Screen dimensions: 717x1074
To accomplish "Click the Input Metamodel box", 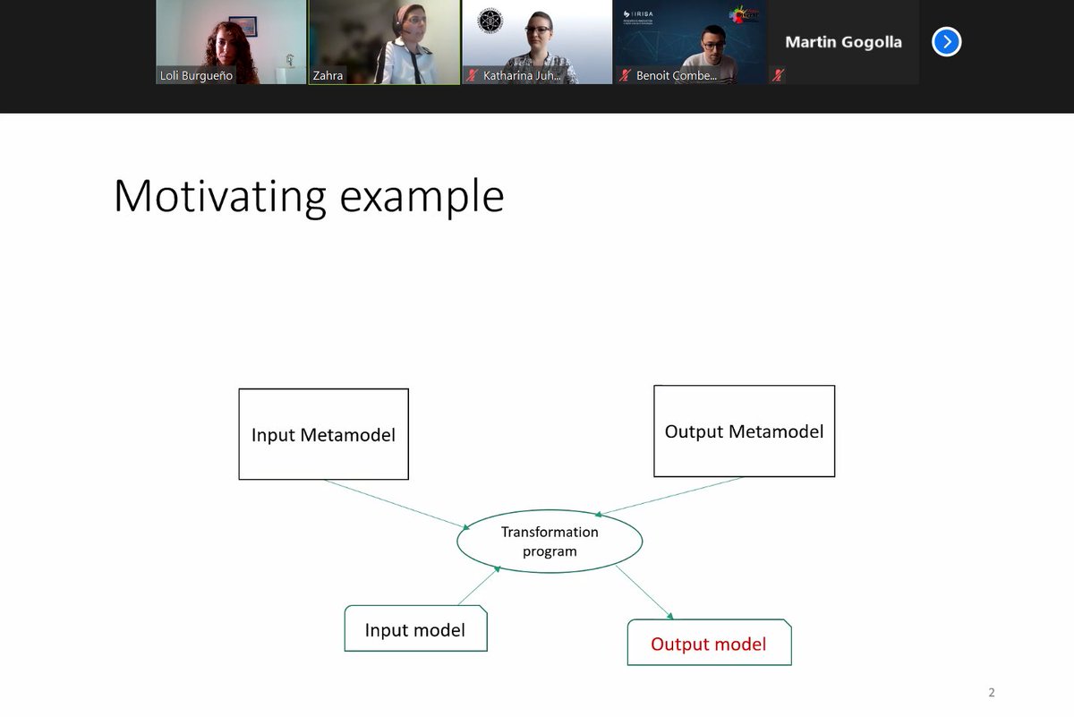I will point(323,435).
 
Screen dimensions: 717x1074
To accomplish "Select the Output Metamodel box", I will point(744,431).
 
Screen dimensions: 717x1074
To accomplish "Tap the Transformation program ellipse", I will point(550,541).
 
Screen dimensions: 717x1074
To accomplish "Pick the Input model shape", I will point(415,629).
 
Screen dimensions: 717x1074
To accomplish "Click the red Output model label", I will point(708,644).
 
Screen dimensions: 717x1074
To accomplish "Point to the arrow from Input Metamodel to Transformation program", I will point(396,504).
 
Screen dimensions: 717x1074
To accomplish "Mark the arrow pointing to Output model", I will point(644,592).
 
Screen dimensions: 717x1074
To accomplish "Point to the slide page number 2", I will point(991,692).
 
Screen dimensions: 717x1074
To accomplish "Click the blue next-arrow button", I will point(946,42).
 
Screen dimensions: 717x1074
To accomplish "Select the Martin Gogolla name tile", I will point(843,42).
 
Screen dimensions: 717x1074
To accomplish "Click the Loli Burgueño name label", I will point(197,76).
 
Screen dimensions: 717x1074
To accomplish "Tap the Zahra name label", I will point(328,76).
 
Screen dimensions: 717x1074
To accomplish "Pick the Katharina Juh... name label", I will point(523,76).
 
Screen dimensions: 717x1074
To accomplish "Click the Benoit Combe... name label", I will point(676,76).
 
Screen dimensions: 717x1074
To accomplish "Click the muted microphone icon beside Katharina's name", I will point(472,76).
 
